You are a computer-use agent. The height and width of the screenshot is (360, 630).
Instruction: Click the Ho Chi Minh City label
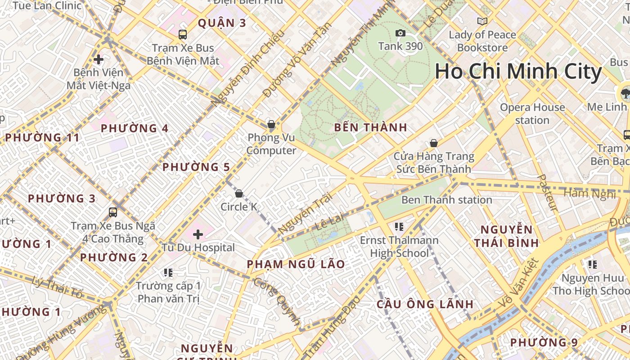click(x=518, y=72)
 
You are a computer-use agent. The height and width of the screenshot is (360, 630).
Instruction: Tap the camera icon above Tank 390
click(x=400, y=33)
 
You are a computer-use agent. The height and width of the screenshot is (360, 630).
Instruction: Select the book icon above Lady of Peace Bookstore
click(x=482, y=21)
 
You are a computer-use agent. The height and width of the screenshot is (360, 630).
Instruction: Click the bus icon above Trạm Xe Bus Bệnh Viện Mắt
click(x=183, y=35)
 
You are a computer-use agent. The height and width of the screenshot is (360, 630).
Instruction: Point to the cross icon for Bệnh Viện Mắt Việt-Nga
click(x=99, y=59)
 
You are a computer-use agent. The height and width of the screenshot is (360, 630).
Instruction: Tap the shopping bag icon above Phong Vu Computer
click(x=271, y=124)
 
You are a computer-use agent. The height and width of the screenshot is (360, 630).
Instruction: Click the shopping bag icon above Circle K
click(x=239, y=193)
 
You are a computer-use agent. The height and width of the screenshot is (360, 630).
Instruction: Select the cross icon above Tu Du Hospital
click(x=198, y=234)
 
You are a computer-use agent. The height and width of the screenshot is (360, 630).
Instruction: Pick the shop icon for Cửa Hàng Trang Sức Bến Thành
click(x=434, y=143)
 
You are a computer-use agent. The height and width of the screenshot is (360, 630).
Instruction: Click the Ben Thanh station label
click(x=446, y=200)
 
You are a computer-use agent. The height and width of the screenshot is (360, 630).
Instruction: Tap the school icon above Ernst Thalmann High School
click(x=399, y=227)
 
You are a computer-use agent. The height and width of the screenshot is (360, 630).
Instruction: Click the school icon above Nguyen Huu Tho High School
click(x=592, y=265)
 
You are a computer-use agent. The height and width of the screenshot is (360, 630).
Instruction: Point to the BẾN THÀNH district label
click(x=370, y=128)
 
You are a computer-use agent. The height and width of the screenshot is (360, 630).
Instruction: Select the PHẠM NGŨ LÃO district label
click(x=296, y=265)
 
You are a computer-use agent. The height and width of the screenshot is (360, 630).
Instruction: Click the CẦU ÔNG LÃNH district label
click(x=425, y=304)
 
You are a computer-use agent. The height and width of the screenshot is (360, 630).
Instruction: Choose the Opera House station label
click(x=532, y=114)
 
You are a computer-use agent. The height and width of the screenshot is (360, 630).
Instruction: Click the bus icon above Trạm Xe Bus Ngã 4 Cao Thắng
click(x=113, y=212)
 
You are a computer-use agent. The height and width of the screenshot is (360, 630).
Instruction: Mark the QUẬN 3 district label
click(x=222, y=23)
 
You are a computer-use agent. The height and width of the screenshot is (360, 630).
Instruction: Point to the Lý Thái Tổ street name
click(x=58, y=288)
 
